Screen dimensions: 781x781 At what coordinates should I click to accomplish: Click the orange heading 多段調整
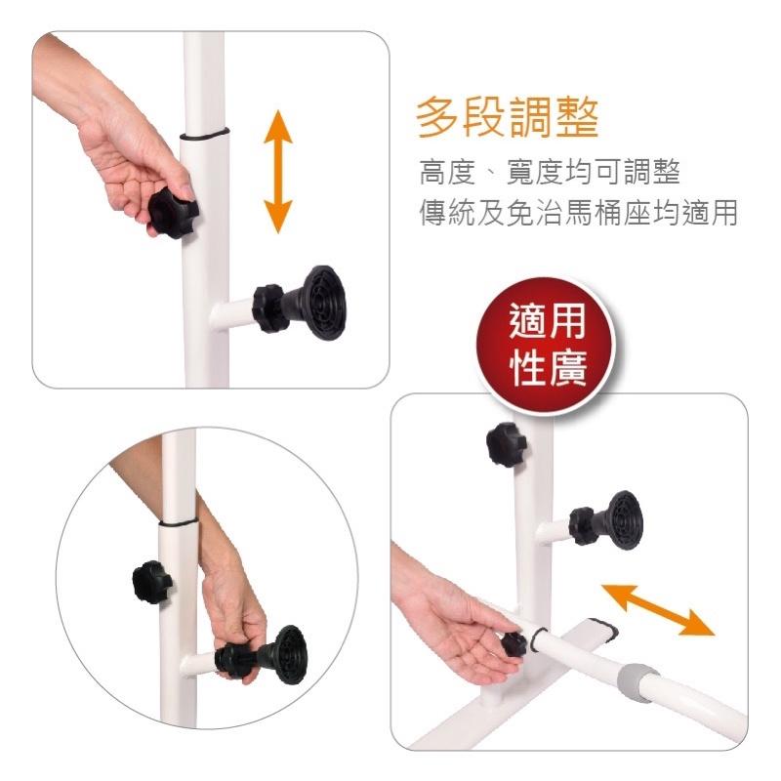(507, 118)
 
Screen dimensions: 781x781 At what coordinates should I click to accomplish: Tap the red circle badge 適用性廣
(546, 346)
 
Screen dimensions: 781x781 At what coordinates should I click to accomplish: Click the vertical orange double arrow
(278, 172)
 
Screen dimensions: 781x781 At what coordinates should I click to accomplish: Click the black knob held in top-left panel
(173, 213)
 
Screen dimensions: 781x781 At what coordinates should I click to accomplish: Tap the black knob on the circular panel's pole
(152, 582)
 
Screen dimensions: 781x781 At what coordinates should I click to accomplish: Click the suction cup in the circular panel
(286, 654)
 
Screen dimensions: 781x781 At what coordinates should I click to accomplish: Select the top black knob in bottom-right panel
(506, 445)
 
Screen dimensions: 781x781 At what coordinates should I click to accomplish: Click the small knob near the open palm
(514, 644)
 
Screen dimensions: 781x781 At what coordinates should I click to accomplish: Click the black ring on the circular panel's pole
(179, 522)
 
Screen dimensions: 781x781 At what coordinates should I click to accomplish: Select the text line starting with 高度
(550, 173)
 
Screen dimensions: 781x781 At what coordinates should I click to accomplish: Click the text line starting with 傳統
(578, 213)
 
